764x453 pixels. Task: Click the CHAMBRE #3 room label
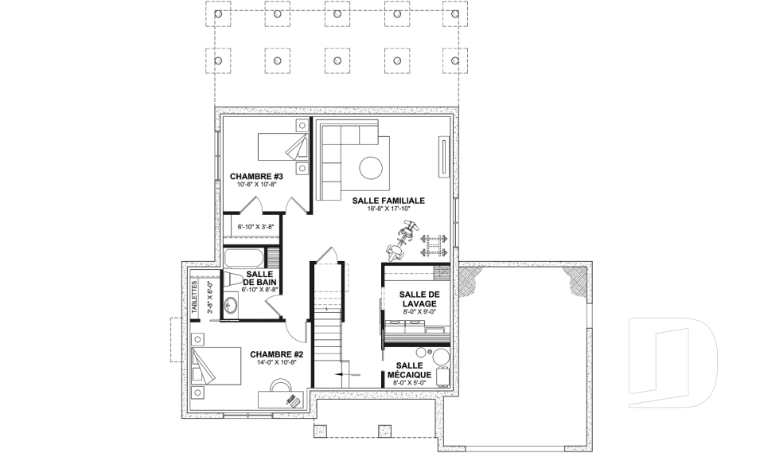pyautogui.click(x=256, y=176)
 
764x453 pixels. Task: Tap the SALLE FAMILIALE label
pyautogui.click(x=388, y=201)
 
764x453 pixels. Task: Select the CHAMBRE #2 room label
pyautogui.click(x=277, y=354)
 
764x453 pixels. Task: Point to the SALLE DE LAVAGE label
pyautogui.click(x=419, y=299)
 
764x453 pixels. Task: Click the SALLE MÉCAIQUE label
pyautogui.click(x=409, y=370)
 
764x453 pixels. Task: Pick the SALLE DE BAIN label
pyautogui.click(x=259, y=278)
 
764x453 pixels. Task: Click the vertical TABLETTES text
pyautogui.click(x=194, y=297)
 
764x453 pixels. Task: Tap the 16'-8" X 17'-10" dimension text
pyautogui.click(x=389, y=209)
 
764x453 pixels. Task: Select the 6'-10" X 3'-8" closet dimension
pyautogui.click(x=255, y=227)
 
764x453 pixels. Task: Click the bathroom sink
pyautogui.click(x=231, y=307)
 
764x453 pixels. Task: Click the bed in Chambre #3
pyautogui.click(x=283, y=146)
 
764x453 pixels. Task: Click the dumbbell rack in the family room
pyautogui.click(x=433, y=246)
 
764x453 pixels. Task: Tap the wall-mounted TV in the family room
pyautogui.click(x=443, y=156)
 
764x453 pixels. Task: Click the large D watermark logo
pyautogui.click(x=673, y=362)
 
